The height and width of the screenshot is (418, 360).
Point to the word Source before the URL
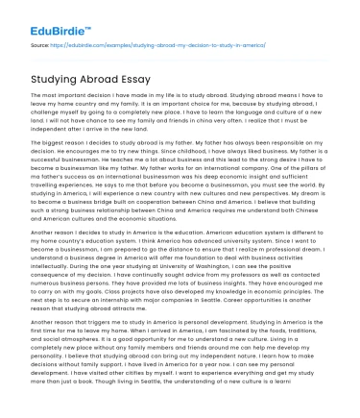coord(40,44)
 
